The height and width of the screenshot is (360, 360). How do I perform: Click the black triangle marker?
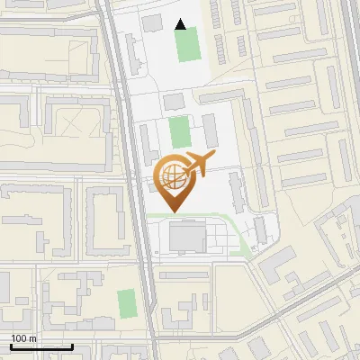pos(182,24)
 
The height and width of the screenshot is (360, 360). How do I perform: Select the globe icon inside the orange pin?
pos(172,177)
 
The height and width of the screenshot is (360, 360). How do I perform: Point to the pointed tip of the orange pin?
pos(173,211)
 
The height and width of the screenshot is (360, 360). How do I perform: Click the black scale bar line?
pos(41,346)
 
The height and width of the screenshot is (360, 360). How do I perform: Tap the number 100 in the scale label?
pos(19,338)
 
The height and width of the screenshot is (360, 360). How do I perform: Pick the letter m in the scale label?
pos(32,338)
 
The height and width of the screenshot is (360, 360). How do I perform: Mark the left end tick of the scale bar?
pos(11,345)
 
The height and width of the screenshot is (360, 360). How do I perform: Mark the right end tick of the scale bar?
pos(72,345)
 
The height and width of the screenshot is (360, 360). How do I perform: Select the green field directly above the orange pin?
pos(180,132)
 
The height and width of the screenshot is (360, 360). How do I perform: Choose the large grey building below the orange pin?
pos(187,237)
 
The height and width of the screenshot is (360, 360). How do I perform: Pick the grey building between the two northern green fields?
pos(172,100)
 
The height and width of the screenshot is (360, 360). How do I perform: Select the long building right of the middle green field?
pos(210,130)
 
